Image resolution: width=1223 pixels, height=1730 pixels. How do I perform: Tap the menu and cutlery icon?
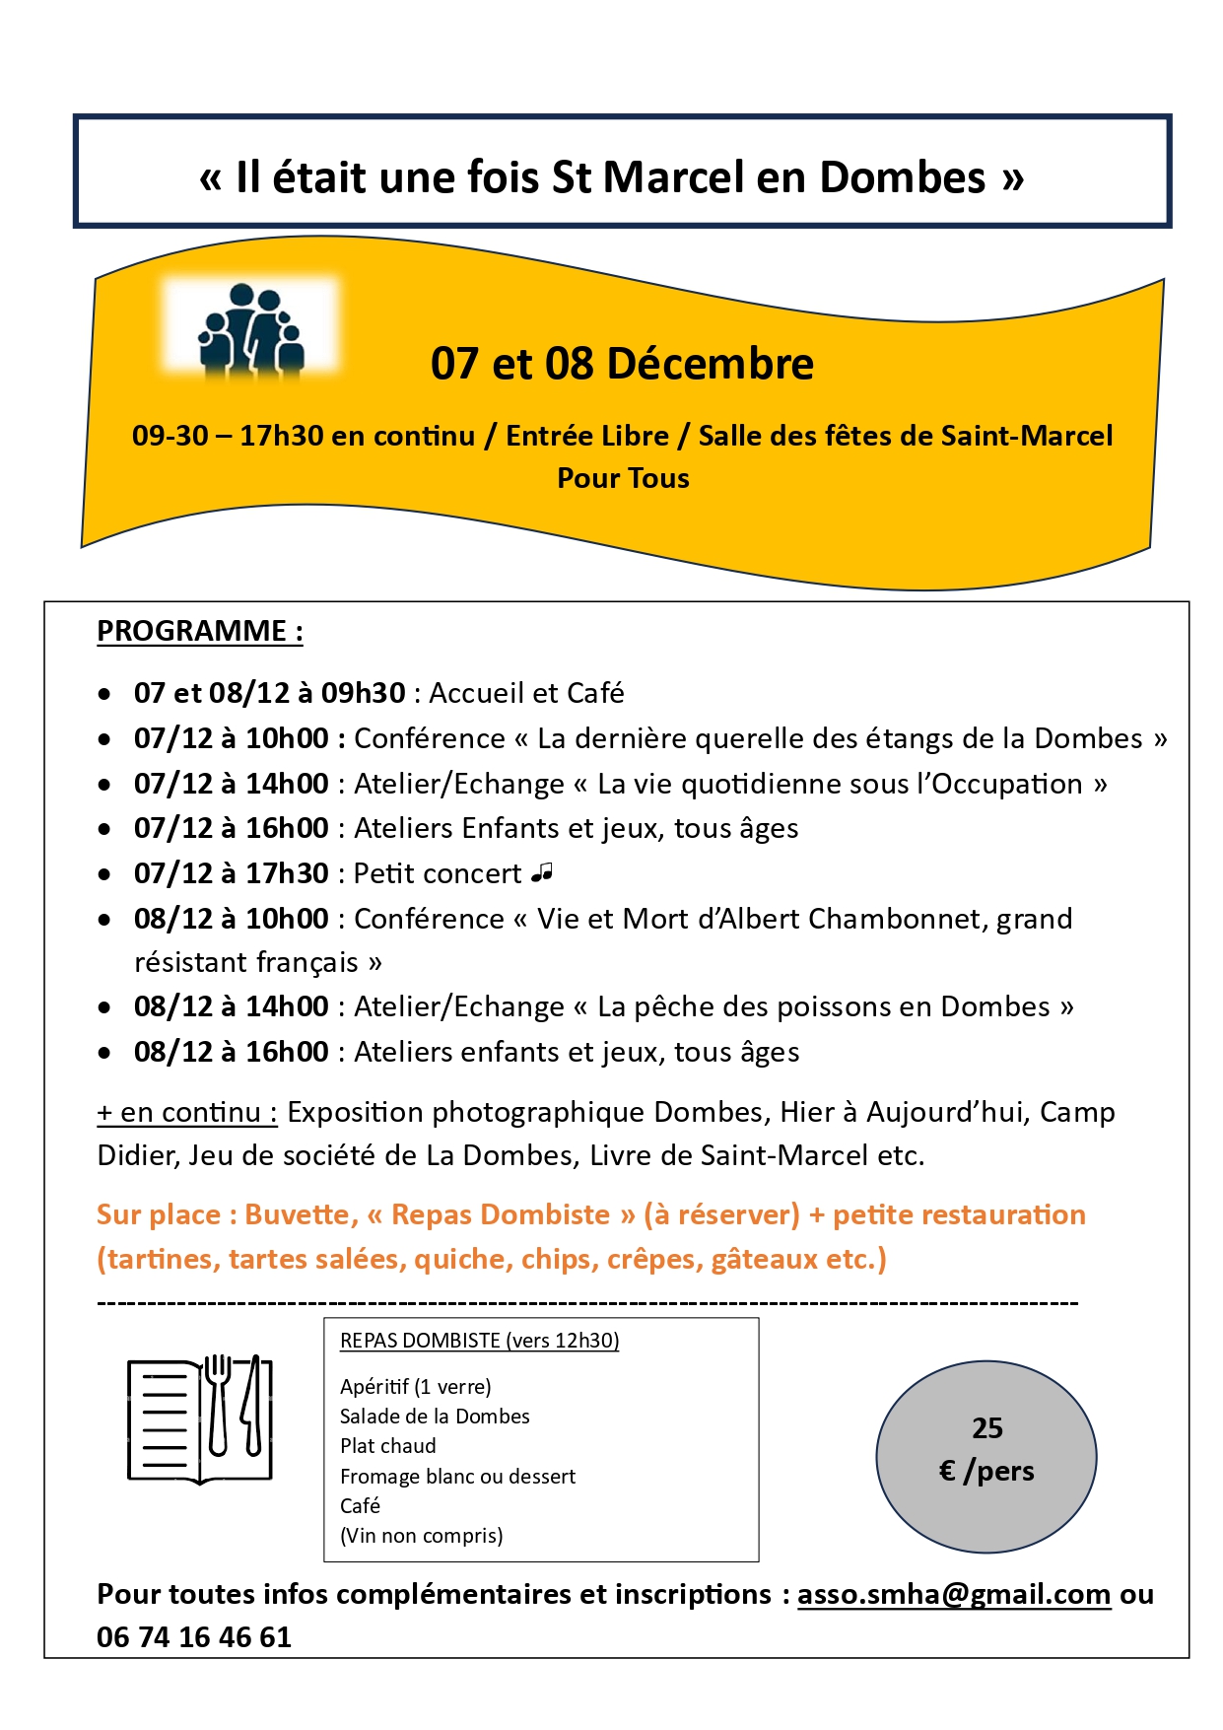tap(200, 1419)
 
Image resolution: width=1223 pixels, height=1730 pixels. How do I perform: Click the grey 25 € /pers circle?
tap(986, 1456)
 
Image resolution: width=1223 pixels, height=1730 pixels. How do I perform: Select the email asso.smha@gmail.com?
tap(953, 1594)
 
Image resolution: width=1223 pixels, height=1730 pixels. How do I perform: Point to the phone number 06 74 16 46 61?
tap(194, 1637)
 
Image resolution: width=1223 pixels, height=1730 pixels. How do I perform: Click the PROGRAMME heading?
tap(200, 631)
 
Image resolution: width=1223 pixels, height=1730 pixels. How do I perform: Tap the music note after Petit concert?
tap(542, 872)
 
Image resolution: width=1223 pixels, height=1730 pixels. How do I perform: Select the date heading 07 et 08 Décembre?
tap(622, 364)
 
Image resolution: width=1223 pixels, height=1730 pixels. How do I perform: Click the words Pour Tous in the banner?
tap(623, 478)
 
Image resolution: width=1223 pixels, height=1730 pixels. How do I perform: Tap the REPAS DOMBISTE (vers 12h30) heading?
tap(479, 1341)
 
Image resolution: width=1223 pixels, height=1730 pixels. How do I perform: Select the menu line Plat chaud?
tap(387, 1446)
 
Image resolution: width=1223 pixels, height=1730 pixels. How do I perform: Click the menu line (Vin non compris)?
tap(421, 1535)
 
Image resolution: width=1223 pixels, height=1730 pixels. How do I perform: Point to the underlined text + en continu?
tap(186, 1113)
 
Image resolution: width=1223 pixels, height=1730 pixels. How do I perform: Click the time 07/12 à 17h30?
tap(232, 873)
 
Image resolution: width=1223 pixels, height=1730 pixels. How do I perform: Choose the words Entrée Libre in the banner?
tap(587, 436)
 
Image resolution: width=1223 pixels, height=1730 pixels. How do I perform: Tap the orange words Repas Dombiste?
tap(501, 1214)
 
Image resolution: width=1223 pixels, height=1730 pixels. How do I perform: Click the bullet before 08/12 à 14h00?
tap(104, 1007)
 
